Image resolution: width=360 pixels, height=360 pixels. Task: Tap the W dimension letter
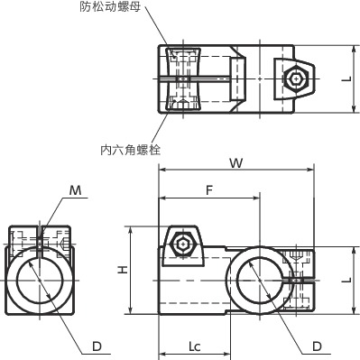[235, 163]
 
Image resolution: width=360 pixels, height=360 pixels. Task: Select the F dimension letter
[209, 190]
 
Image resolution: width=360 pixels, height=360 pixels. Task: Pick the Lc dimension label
[194, 346]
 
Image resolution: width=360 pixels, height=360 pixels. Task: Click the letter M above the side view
[76, 190]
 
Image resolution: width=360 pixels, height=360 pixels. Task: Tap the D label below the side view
[96, 346]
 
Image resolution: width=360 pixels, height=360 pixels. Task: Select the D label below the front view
[317, 346]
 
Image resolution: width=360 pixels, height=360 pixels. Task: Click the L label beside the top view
[346, 78]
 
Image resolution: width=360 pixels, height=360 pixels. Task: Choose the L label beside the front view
[346, 279]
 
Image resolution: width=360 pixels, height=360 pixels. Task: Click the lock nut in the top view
[183, 78]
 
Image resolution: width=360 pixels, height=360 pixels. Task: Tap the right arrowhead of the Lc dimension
[226, 355]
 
